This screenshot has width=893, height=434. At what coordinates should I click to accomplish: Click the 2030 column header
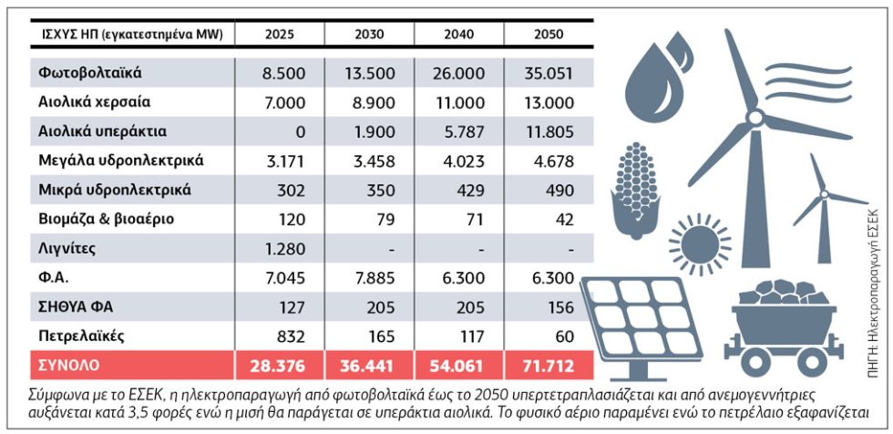tap(369, 35)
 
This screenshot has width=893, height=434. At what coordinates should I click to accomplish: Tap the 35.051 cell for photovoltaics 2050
tap(549, 74)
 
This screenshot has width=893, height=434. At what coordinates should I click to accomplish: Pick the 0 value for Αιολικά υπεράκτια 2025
tap(301, 132)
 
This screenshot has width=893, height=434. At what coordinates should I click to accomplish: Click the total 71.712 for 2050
tap(549, 366)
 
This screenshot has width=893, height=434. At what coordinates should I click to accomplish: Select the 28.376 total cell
tap(281, 366)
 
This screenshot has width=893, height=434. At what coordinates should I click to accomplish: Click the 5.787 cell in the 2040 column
tap(463, 132)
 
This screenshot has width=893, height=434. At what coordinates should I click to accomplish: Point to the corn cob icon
tap(634, 184)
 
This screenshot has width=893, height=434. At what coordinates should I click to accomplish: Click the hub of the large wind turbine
tap(754, 119)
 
